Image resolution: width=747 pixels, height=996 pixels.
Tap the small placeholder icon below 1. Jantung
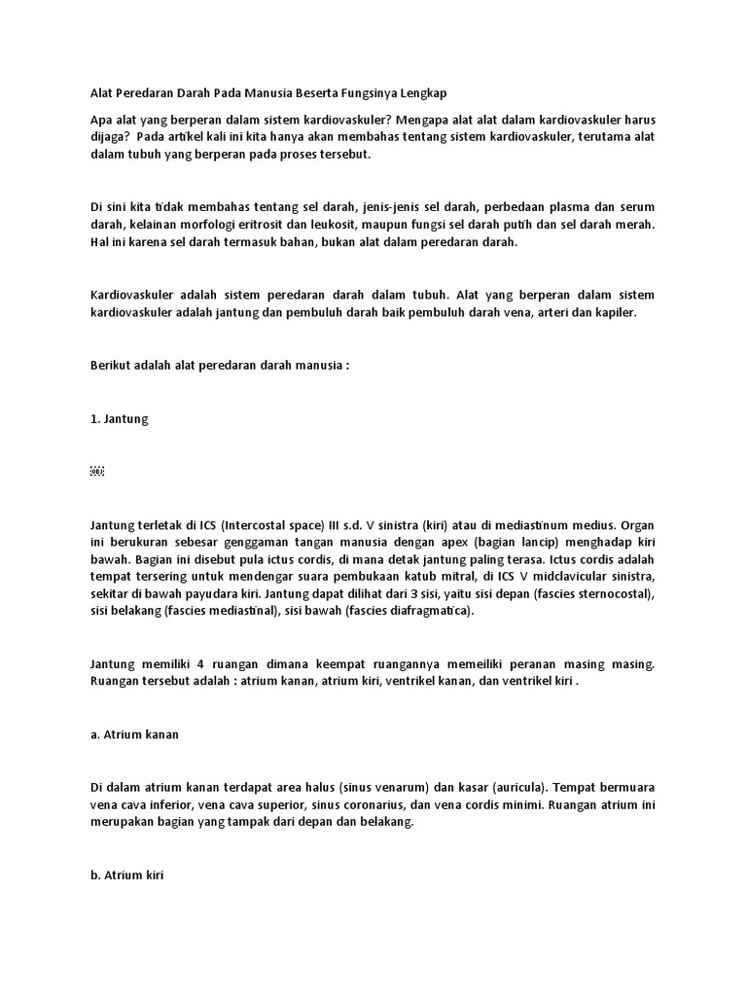(96, 472)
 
